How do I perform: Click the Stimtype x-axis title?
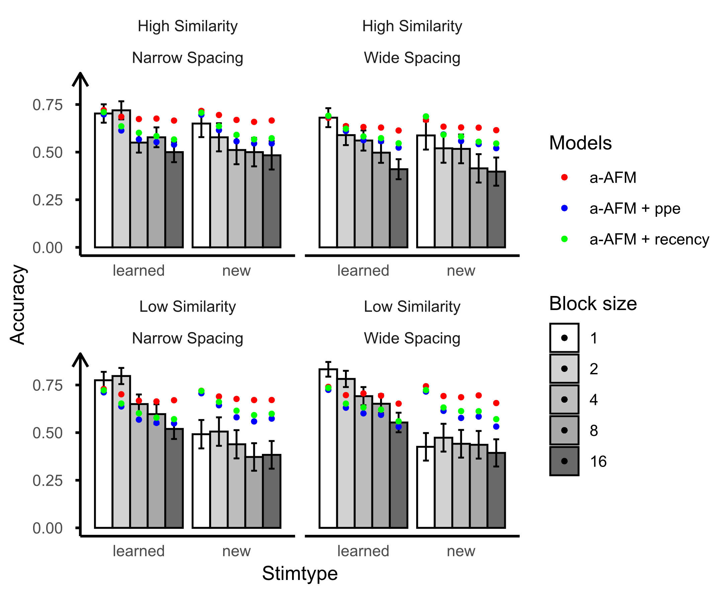(300, 574)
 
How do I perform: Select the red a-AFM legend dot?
(564, 177)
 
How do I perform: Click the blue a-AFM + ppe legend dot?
(564, 208)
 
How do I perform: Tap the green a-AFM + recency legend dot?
(564, 239)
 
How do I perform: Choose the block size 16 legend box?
(564, 461)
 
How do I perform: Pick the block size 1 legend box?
(564, 338)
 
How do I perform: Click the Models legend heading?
(580, 143)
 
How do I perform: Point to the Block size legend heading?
(593, 303)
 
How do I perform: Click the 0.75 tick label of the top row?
(48, 105)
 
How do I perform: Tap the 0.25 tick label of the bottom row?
(48, 481)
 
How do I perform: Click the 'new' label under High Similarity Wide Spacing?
(461, 271)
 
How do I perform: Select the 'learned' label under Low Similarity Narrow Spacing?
(139, 551)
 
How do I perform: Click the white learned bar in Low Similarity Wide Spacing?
(328, 448)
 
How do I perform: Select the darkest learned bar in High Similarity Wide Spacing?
(398, 209)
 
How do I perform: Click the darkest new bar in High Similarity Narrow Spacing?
(272, 202)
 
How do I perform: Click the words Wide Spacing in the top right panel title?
(412, 58)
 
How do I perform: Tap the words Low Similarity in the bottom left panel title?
(188, 306)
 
